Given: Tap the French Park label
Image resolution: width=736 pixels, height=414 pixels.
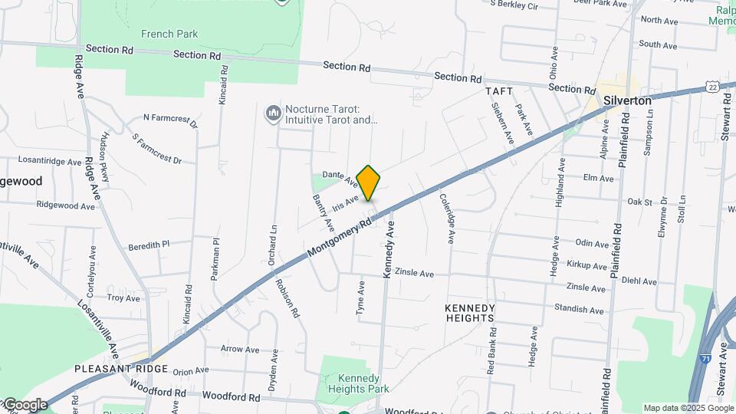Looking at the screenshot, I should pyautogui.click(x=169, y=34).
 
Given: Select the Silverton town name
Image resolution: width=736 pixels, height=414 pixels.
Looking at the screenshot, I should pyautogui.click(x=627, y=100).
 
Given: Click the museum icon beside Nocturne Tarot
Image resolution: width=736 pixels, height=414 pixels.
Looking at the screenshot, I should pyautogui.click(x=273, y=114).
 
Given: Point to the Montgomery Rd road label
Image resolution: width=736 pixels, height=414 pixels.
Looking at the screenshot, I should pyautogui.click(x=340, y=238).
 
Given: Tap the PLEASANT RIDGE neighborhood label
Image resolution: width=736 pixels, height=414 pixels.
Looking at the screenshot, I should pyautogui.click(x=110, y=369).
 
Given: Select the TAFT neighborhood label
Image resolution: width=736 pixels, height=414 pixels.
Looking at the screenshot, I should pyautogui.click(x=498, y=90).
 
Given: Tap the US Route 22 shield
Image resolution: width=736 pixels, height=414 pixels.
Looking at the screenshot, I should pyautogui.click(x=713, y=87).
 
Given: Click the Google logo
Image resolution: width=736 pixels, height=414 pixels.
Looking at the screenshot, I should pyautogui.click(x=25, y=405).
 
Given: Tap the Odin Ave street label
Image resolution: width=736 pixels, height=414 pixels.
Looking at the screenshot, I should pyautogui.click(x=591, y=242).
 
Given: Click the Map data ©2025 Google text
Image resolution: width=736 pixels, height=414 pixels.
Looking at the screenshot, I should pyautogui.click(x=688, y=408).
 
